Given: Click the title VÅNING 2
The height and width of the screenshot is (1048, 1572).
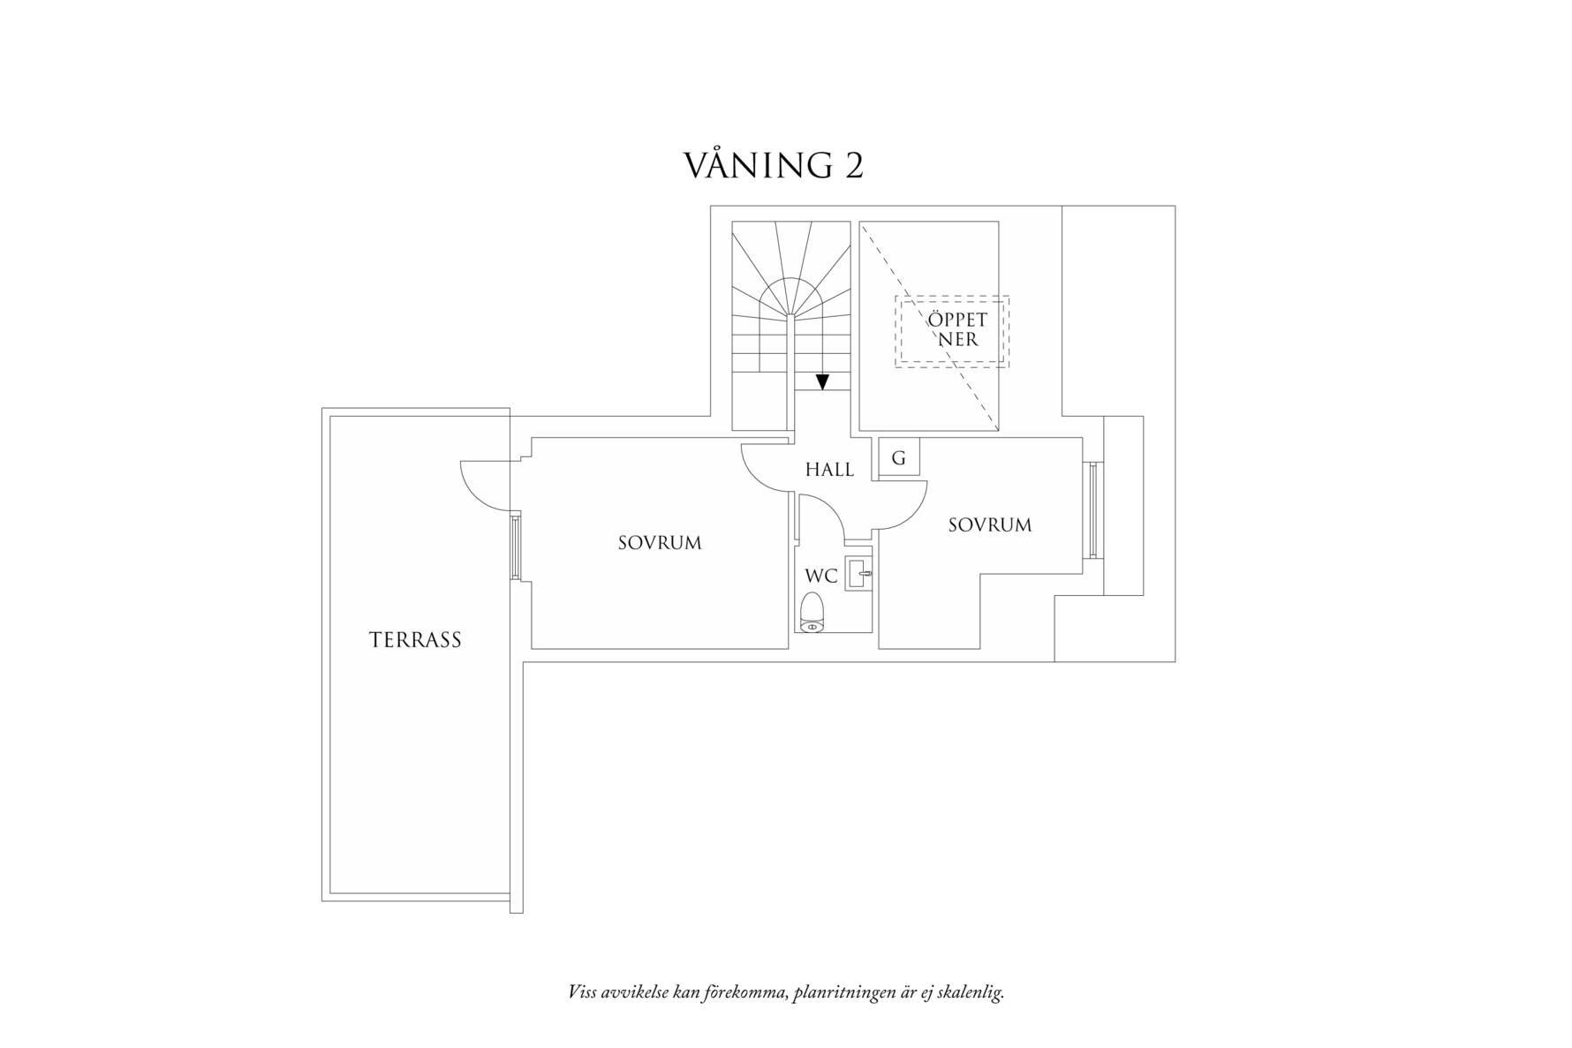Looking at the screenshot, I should (774, 165).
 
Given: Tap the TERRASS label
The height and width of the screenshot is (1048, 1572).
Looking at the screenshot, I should (415, 640).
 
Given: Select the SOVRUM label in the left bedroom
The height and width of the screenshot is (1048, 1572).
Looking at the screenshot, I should (660, 543).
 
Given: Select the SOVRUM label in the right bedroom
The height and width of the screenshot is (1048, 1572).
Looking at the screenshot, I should (990, 525).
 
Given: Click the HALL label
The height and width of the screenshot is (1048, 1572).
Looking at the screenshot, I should (829, 470).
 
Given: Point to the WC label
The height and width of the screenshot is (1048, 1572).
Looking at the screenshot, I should (820, 577).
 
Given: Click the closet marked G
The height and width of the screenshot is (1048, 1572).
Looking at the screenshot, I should (899, 458).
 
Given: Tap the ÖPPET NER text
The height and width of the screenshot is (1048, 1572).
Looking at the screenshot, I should (957, 329).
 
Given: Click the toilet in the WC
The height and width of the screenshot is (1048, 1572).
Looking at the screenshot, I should (812, 613).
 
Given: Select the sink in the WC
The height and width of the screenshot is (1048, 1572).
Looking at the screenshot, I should (858, 574).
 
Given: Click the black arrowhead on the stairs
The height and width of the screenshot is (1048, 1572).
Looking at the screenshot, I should (822, 382).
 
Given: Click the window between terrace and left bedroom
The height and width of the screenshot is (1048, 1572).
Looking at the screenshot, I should (515, 547).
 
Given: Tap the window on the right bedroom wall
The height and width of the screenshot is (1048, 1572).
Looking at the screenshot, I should (1092, 510).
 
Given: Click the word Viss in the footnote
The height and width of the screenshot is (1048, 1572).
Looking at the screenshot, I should (583, 992).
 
